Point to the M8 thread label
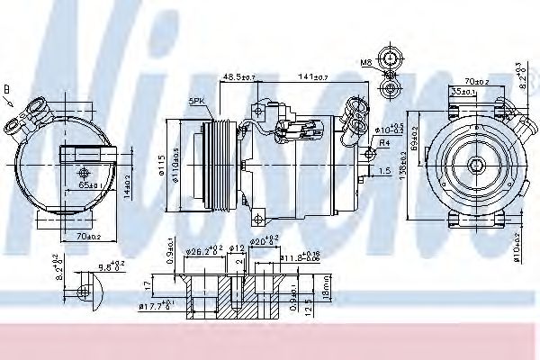coord(366,63)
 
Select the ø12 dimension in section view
coord(237,247)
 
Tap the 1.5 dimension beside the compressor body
coord(384,170)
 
